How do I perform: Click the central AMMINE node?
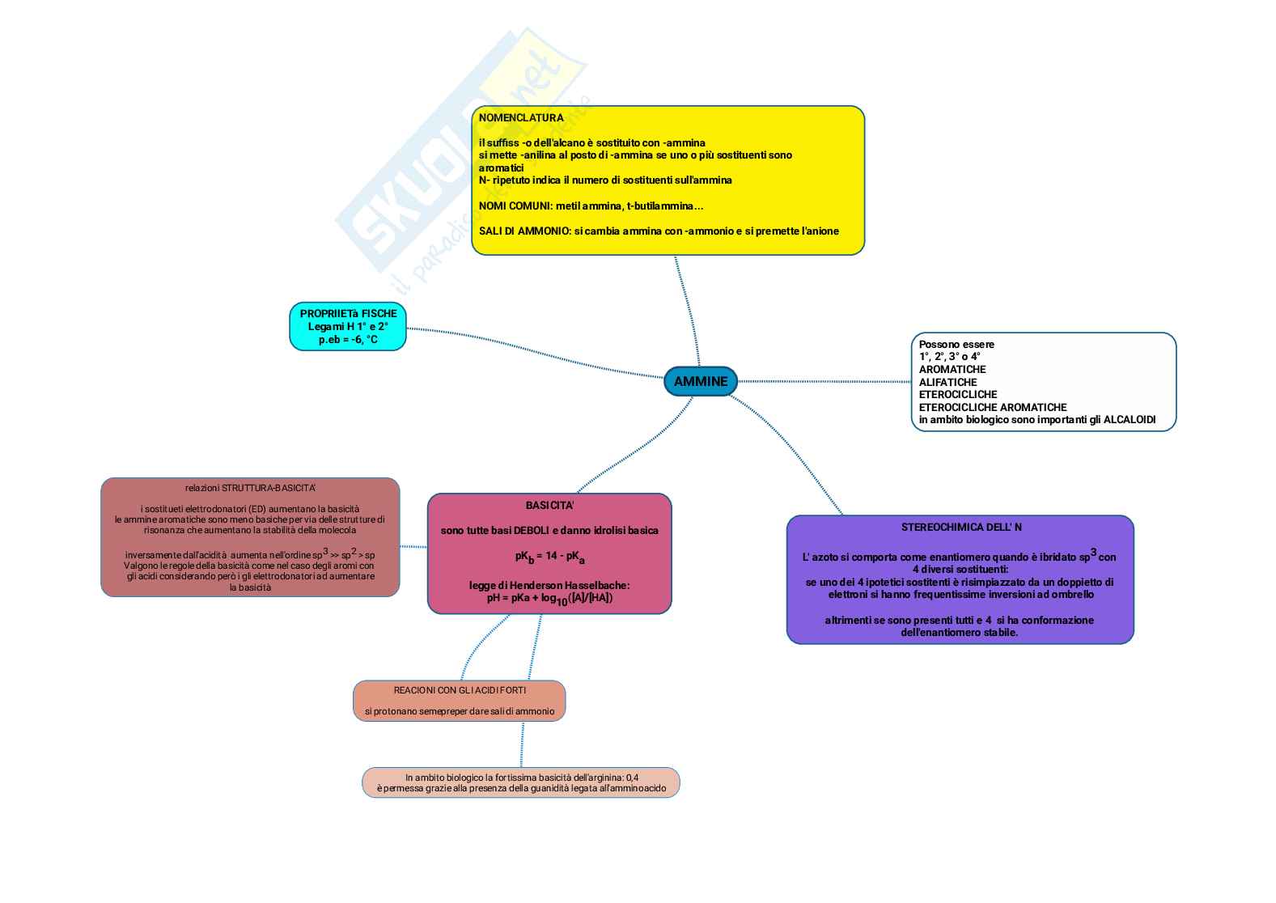coord(701,381)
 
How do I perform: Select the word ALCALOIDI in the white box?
coord(1129,420)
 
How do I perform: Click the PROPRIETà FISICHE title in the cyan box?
coord(348,314)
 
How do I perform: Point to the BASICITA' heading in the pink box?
coord(549,506)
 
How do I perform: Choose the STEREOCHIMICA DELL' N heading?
coord(961,528)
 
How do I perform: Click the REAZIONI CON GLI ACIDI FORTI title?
coord(460,691)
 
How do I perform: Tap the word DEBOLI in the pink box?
coord(528,531)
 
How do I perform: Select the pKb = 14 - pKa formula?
coord(549,557)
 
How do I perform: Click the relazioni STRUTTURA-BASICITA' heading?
coord(250,488)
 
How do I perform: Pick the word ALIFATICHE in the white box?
coord(947,382)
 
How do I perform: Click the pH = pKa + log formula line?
coord(549,599)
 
